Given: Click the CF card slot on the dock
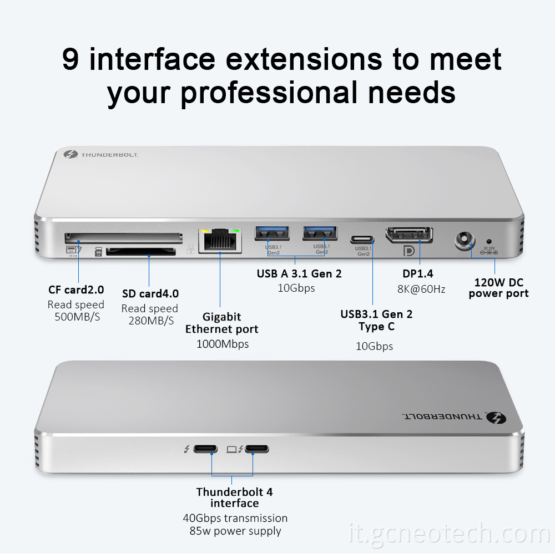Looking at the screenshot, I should [123, 238].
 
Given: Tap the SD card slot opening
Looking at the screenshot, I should [140, 252].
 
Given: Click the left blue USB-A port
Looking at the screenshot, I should [271, 233].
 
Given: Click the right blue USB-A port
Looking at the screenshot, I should [319, 233].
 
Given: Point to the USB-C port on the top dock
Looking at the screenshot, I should [362, 240].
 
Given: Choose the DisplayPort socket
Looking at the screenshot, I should [410, 234].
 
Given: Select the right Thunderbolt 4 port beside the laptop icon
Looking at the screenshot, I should [257, 449].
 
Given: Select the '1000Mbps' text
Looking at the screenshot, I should [223, 344].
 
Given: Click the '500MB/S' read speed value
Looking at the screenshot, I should [77, 317].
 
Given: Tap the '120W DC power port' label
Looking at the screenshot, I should [498, 288].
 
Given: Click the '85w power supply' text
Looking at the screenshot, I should [235, 531].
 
